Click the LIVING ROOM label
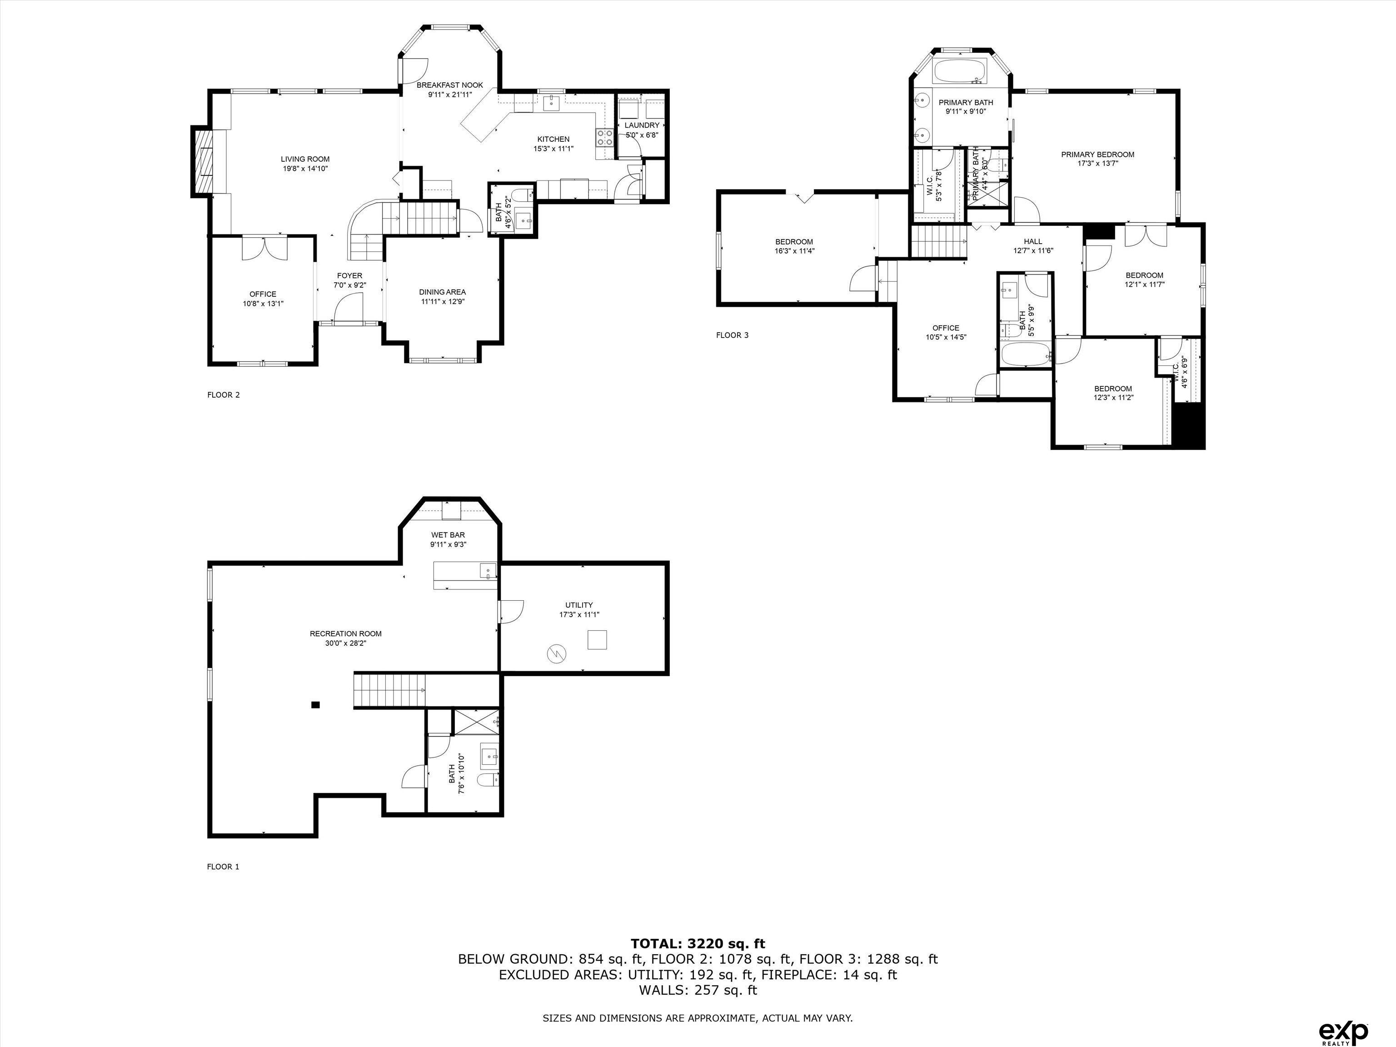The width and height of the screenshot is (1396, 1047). click(x=305, y=159)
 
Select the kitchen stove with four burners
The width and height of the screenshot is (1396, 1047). click(x=604, y=138)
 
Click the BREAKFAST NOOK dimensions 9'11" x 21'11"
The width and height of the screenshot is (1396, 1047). click(x=449, y=95)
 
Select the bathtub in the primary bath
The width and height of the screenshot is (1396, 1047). click(x=960, y=71)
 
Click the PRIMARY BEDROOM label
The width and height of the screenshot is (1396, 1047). click(x=1097, y=155)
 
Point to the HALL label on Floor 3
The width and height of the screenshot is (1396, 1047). click(x=1032, y=241)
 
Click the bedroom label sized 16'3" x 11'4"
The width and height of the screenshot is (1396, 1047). click(x=794, y=242)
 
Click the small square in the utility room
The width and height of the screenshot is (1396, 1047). click(x=597, y=640)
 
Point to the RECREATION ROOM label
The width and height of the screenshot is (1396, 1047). click(x=345, y=633)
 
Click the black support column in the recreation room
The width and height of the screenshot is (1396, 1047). click(x=315, y=705)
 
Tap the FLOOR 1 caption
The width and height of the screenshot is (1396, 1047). click(x=223, y=867)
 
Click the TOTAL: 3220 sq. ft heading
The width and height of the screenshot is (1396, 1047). click(x=698, y=943)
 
